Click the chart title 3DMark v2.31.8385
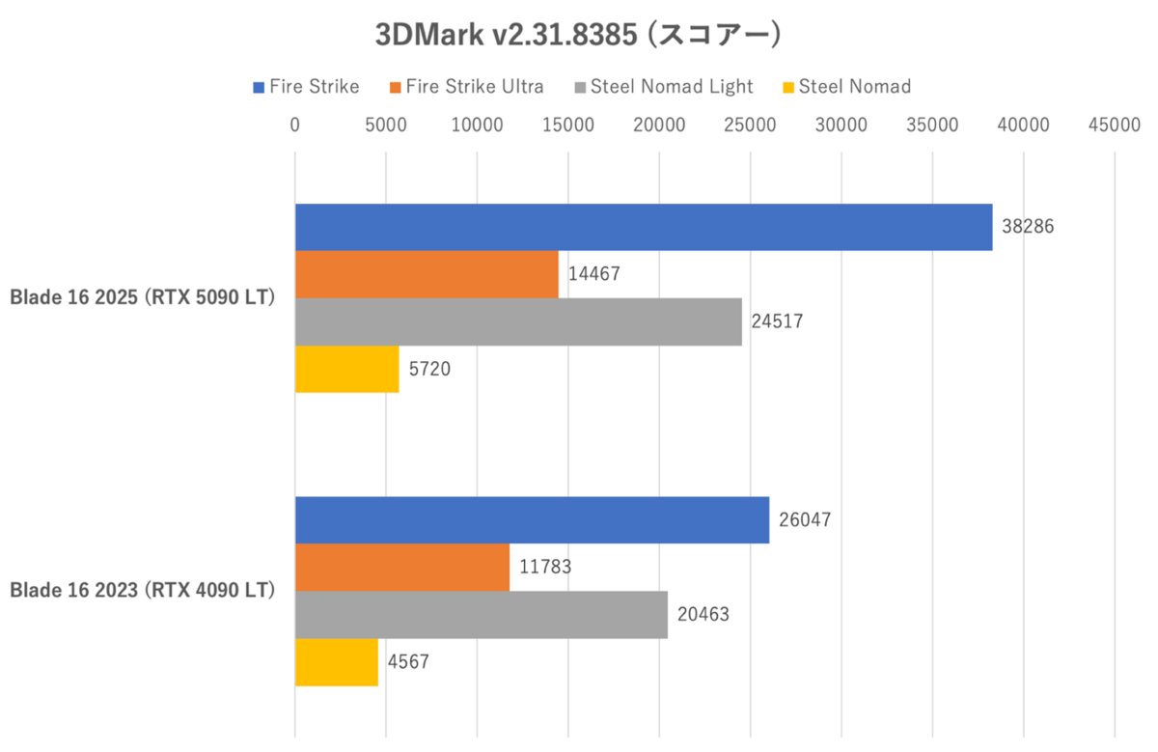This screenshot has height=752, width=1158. (x=577, y=36)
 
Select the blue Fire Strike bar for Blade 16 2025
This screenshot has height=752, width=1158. (x=644, y=228)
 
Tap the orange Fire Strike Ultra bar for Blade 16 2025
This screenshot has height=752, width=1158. (x=427, y=274)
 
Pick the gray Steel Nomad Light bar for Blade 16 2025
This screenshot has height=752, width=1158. (x=518, y=321)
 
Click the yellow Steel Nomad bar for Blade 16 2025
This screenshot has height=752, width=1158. (x=346, y=369)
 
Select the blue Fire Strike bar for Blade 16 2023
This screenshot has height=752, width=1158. (x=532, y=520)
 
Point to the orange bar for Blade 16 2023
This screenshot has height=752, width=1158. (x=402, y=567)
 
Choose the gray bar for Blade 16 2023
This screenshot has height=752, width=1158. (x=481, y=614)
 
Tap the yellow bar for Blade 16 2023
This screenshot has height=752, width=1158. (x=336, y=661)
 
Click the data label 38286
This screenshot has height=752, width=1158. (x=1028, y=228)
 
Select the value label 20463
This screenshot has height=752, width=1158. (x=702, y=614)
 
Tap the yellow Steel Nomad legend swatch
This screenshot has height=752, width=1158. (x=788, y=88)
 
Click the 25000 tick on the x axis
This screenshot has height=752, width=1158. (x=750, y=125)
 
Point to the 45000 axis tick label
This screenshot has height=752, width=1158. (x=1114, y=125)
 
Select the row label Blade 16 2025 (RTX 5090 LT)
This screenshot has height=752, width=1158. (x=143, y=298)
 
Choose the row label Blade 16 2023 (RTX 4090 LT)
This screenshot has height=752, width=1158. (x=143, y=591)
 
